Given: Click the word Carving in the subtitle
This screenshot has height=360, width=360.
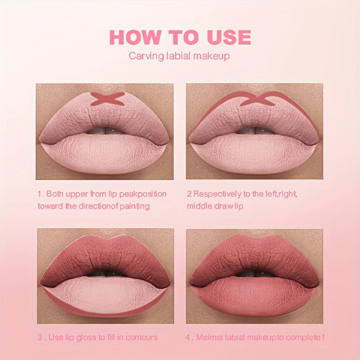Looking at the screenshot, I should [x=143, y=56].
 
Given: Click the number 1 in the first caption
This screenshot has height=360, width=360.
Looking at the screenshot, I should [x=40, y=194].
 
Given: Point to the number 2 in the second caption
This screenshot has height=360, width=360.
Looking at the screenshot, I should [x=189, y=194].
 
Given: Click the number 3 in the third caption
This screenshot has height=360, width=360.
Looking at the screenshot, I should [x=40, y=337].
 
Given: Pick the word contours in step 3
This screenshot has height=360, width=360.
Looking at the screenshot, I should [x=142, y=337].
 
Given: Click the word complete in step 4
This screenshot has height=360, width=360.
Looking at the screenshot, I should [x=303, y=337].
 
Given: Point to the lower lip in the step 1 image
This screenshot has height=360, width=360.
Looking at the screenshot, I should [x=105, y=155].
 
